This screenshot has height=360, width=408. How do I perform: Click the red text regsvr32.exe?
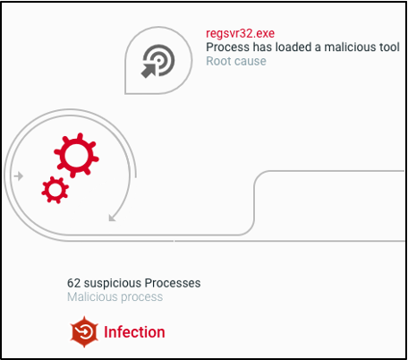pyautogui.click(x=240, y=34)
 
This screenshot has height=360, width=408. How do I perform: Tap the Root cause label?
pyautogui.click(x=236, y=61)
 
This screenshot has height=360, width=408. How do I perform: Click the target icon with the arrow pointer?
pyautogui.click(x=157, y=61)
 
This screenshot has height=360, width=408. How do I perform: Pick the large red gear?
pyautogui.click(x=76, y=155)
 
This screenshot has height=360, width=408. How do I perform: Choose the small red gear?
pyautogui.click(x=55, y=190)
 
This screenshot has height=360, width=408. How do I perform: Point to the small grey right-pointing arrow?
pyautogui.click(x=19, y=176)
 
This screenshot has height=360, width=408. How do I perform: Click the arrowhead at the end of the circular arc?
pyautogui.click(x=112, y=219)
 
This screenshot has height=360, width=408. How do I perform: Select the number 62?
pyautogui.click(x=73, y=283)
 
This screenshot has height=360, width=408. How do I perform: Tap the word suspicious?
pyautogui.click(x=113, y=283)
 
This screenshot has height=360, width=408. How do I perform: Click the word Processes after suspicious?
pyautogui.click(x=173, y=283)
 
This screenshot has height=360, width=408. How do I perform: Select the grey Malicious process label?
pyautogui.click(x=115, y=297)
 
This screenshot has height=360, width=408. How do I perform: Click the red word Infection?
pyautogui.click(x=134, y=332)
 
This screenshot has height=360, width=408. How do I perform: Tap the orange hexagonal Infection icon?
pyautogui.click(x=84, y=331)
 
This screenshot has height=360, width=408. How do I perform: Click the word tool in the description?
pyautogui.click(x=390, y=47)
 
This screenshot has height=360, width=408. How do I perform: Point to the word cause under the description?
pyautogui.click(x=250, y=61)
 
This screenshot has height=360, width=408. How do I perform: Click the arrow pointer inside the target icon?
pyautogui.click(x=149, y=71)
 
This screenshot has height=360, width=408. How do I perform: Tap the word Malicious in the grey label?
pyautogui.click(x=92, y=297)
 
